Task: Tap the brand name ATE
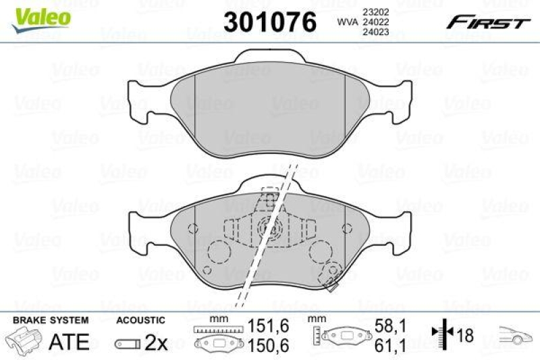[70, 342]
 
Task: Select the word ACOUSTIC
[140, 319]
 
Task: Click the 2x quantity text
[156, 342]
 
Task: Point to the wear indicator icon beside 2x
[128, 343]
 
